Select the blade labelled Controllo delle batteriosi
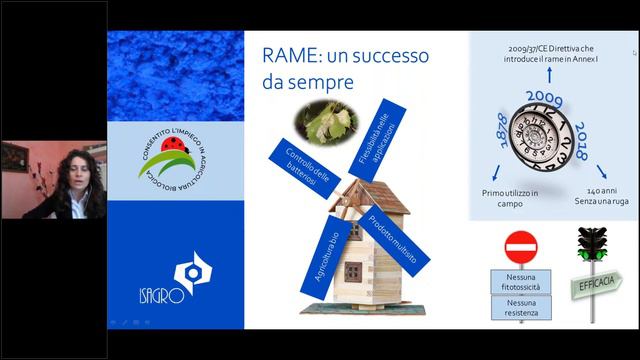292,164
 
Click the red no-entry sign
521,246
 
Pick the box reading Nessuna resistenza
521,308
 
